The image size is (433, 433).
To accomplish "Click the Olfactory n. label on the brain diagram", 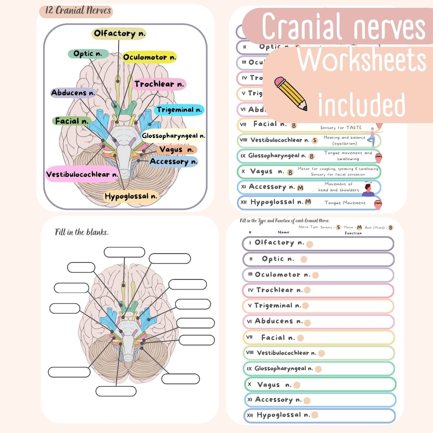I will (119, 33).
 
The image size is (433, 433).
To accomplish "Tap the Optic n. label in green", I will (88, 54).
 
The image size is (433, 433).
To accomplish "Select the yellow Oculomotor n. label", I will (149, 57).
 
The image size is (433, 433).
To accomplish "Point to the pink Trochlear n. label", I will (159, 84).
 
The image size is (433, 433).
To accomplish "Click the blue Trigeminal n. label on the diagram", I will (179, 110).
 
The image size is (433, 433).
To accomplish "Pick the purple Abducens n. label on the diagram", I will (73, 93).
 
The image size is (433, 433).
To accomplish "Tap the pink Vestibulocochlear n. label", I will (82, 174).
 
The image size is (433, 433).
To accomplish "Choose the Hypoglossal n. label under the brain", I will (131, 196).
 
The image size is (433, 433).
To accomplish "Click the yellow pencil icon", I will (291, 93).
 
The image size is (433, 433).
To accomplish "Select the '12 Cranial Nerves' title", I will (77, 11).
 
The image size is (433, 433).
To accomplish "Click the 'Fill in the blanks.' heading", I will (82, 232).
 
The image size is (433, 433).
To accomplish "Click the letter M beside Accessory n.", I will (300, 188).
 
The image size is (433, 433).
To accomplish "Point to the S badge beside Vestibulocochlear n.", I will (314, 141).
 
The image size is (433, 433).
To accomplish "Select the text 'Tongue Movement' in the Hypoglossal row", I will (345, 203).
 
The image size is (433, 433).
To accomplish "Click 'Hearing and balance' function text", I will (345, 137).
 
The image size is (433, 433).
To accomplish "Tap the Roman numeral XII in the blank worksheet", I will (250, 415).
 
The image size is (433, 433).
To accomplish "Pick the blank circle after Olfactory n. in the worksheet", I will (310, 244).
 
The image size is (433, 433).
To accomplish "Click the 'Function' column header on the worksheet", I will (353, 233).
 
